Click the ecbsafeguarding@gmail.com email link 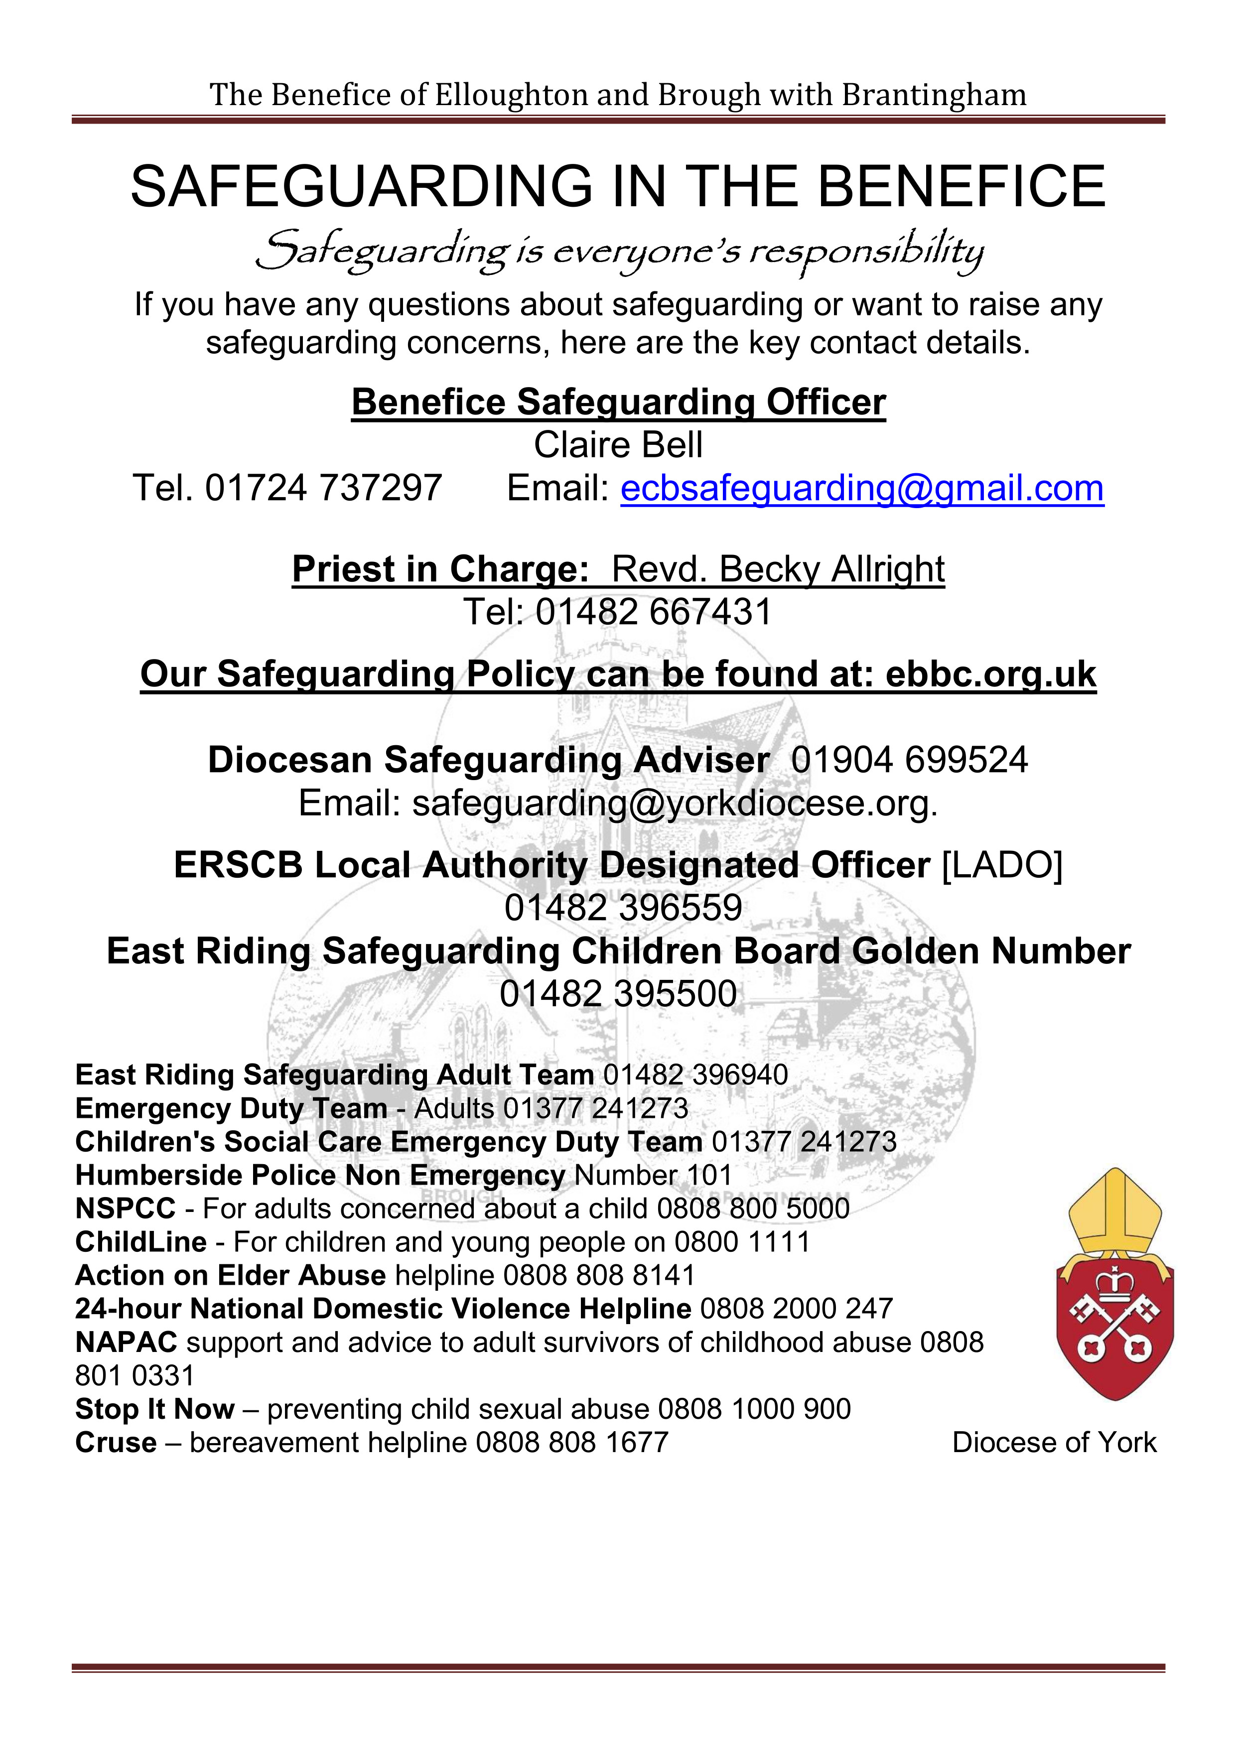pyautogui.click(x=861, y=489)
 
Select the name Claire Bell pyautogui.click(x=618, y=445)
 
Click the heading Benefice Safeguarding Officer pyautogui.click(x=618, y=403)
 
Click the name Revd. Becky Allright pyautogui.click(x=778, y=569)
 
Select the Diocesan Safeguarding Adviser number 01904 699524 pyautogui.click(x=909, y=760)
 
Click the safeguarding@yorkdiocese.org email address pyautogui.click(x=674, y=803)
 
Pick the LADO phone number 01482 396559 pyautogui.click(x=623, y=908)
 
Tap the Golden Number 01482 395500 pyautogui.click(x=618, y=993)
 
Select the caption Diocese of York pyautogui.click(x=1054, y=1442)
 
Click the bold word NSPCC pyautogui.click(x=125, y=1208)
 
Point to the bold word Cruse pyautogui.click(x=116, y=1442)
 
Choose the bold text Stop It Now pyautogui.click(x=154, y=1408)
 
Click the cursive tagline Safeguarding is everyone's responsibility pyautogui.click(x=618, y=253)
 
